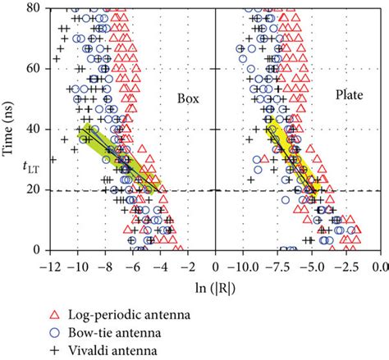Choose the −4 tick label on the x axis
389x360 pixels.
pyautogui.click(x=159, y=266)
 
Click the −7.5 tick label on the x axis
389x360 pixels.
pyautogui.click(x=277, y=266)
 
